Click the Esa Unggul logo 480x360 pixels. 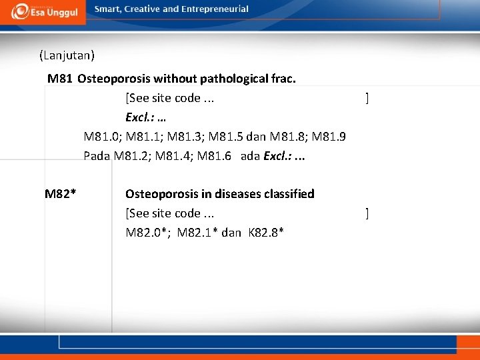pyautogui.click(x=43, y=12)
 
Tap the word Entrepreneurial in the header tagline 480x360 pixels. pyautogui.click(x=213, y=9)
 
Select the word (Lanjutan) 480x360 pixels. pyautogui.click(x=67, y=54)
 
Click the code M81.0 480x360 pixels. pyautogui.click(x=102, y=137)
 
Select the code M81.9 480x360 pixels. pyautogui.click(x=328, y=137)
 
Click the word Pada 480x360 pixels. pyautogui.click(x=97, y=157)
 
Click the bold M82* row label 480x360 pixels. pyautogui.click(x=60, y=194)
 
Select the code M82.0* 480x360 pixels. pyautogui.click(x=146, y=233)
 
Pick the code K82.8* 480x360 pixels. pyautogui.click(x=266, y=233)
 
